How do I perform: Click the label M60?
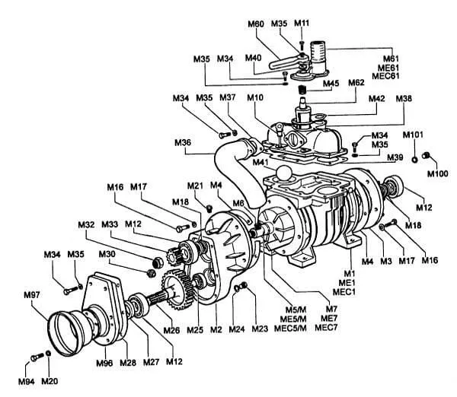(256, 24)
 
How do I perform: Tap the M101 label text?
(413, 135)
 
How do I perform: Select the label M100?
(437, 173)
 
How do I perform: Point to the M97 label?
(32, 295)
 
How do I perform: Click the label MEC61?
(385, 76)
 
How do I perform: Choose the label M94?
(26, 381)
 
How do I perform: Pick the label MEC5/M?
(290, 328)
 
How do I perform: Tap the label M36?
(183, 143)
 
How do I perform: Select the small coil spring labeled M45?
(302, 89)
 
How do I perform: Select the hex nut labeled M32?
(158, 262)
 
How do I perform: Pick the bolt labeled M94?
(37, 357)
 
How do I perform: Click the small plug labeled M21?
(209, 208)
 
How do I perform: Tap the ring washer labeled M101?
(414, 160)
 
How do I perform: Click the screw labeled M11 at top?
(302, 45)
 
